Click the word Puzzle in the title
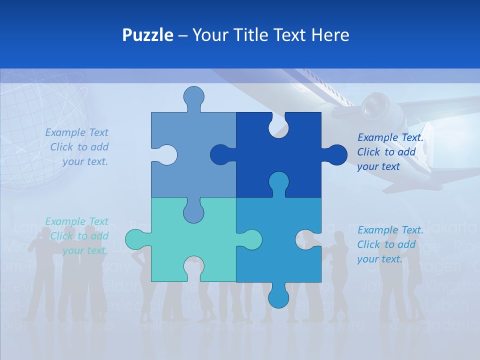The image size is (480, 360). coord(148,35)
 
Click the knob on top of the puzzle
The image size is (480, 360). coord(194,96)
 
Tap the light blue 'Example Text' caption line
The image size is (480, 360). coord(76,132)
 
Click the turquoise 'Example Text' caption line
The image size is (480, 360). coord(76,221)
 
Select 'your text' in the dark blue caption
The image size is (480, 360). coord(378,166)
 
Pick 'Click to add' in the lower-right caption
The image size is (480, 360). coord(386,244)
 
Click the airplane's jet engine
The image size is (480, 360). coord(375,105)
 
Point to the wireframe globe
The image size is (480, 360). coord(35,135)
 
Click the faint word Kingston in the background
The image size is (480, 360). coord(453,286)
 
